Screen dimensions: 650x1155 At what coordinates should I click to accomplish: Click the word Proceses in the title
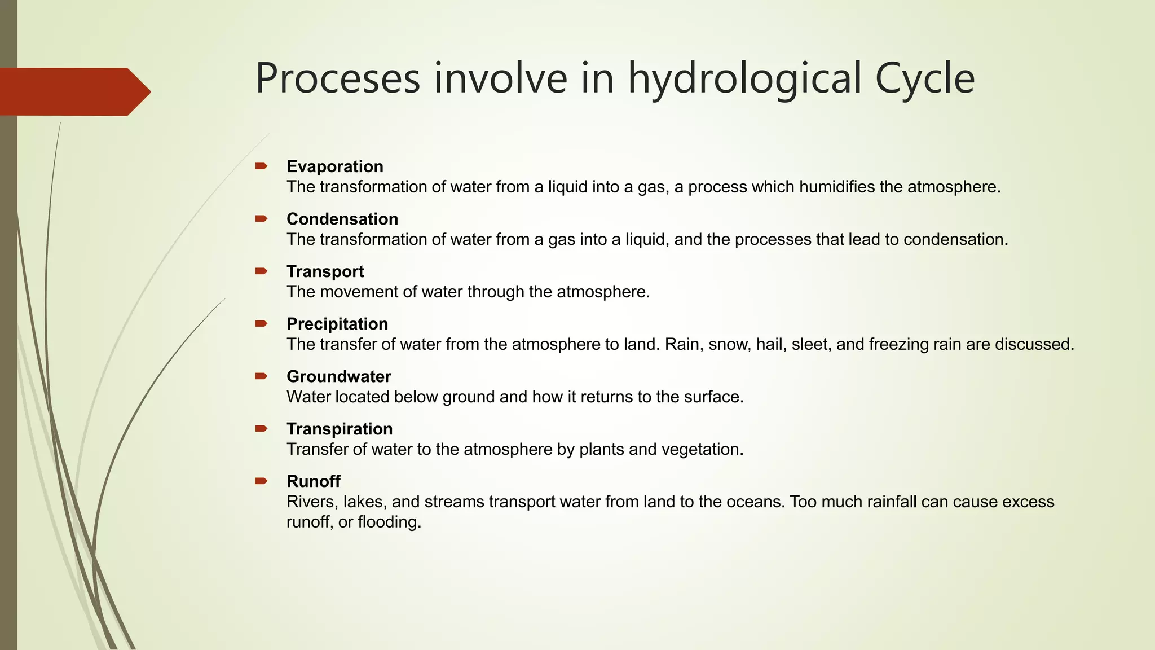point(338,78)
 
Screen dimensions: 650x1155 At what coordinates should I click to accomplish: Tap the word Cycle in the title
point(924,78)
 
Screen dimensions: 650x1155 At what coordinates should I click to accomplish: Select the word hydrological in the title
point(744,78)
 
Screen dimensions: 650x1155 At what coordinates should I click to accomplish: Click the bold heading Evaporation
point(334,166)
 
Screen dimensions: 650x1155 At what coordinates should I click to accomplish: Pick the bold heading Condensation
point(342,219)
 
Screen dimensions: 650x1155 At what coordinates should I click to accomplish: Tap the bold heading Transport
point(325,271)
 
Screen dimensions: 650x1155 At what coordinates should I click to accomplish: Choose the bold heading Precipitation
point(337,324)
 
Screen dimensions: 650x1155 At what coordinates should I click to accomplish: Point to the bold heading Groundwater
point(338,376)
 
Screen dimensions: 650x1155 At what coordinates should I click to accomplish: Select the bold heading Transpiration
point(340,429)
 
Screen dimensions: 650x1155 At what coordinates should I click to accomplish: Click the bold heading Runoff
point(313,481)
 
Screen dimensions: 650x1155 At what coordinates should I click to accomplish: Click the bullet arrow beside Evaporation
point(261,166)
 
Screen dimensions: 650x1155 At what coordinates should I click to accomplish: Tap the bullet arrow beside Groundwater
point(261,376)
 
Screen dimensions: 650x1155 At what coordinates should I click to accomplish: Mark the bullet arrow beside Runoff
point(261,481)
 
